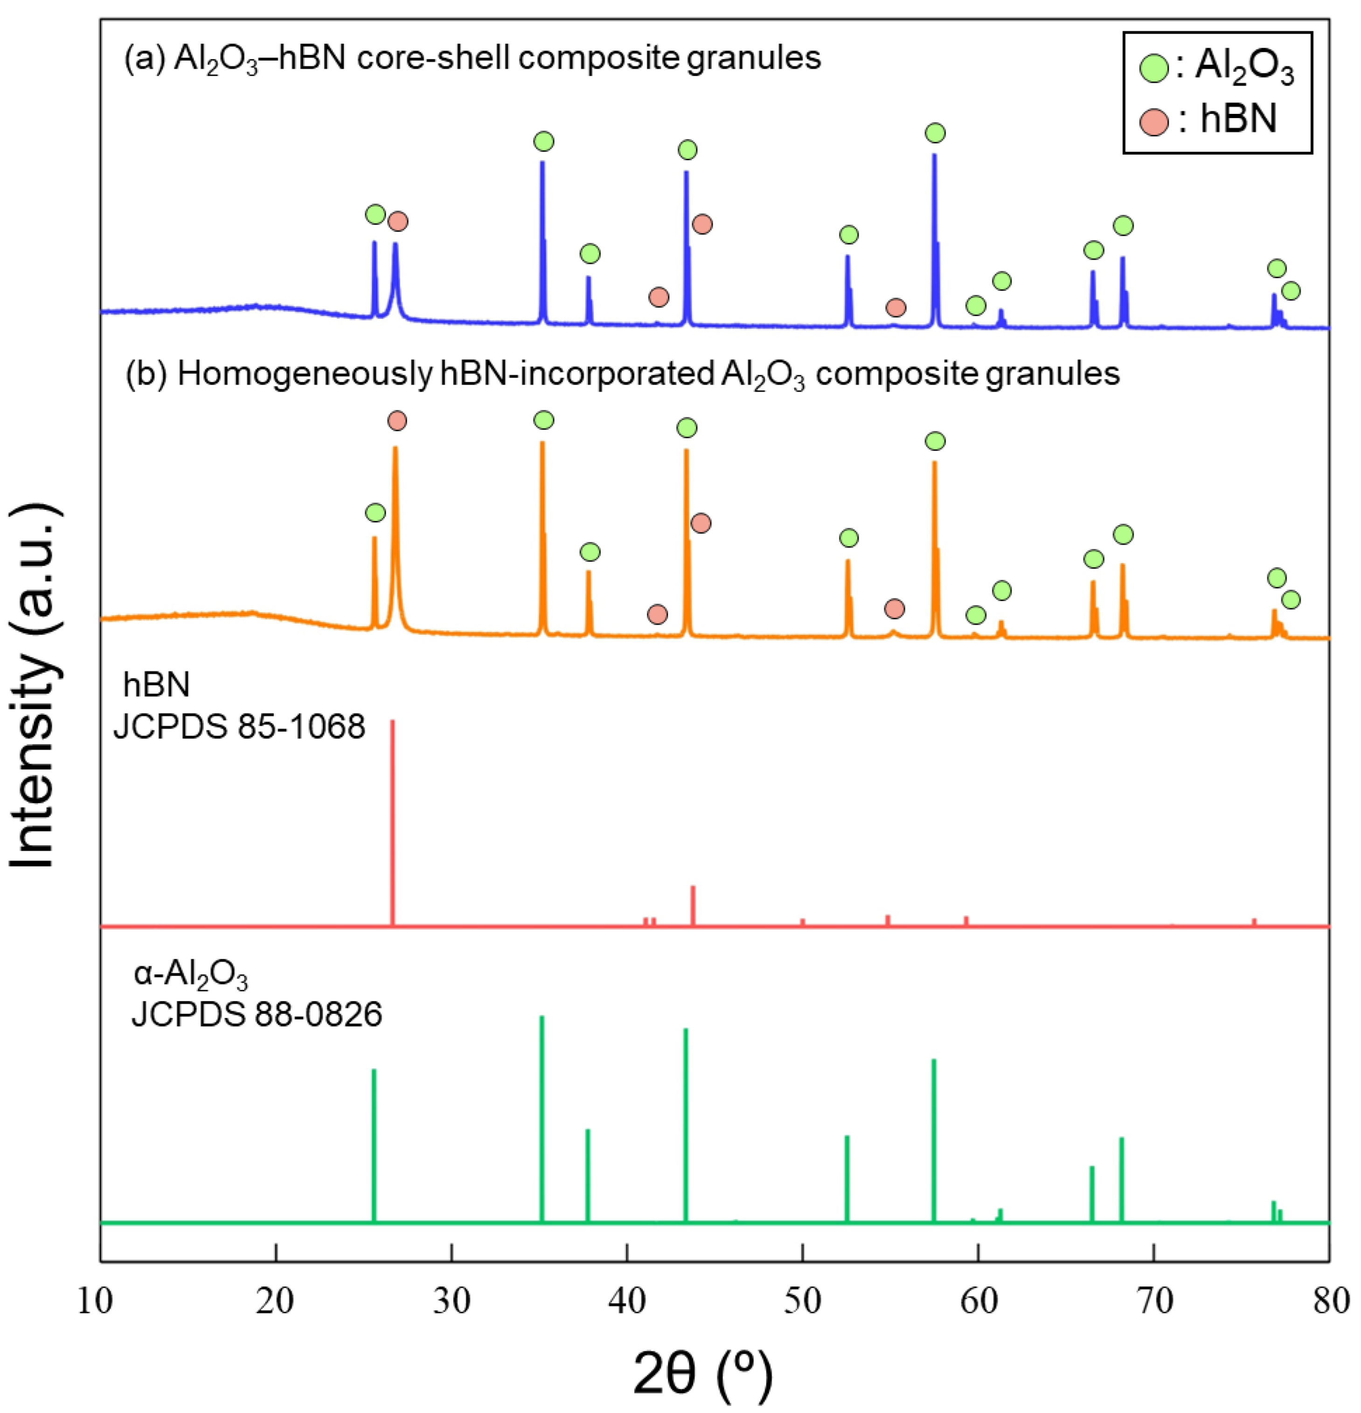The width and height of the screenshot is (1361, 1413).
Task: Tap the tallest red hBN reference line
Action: pos(392,822)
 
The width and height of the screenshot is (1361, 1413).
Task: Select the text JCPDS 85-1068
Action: pos(239,727)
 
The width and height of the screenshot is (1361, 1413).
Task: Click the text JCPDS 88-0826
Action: pos(257,1014)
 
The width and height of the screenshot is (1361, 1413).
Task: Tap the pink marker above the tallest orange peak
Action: pos(396,420)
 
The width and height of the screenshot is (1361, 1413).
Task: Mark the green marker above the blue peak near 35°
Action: pos(544,141)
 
